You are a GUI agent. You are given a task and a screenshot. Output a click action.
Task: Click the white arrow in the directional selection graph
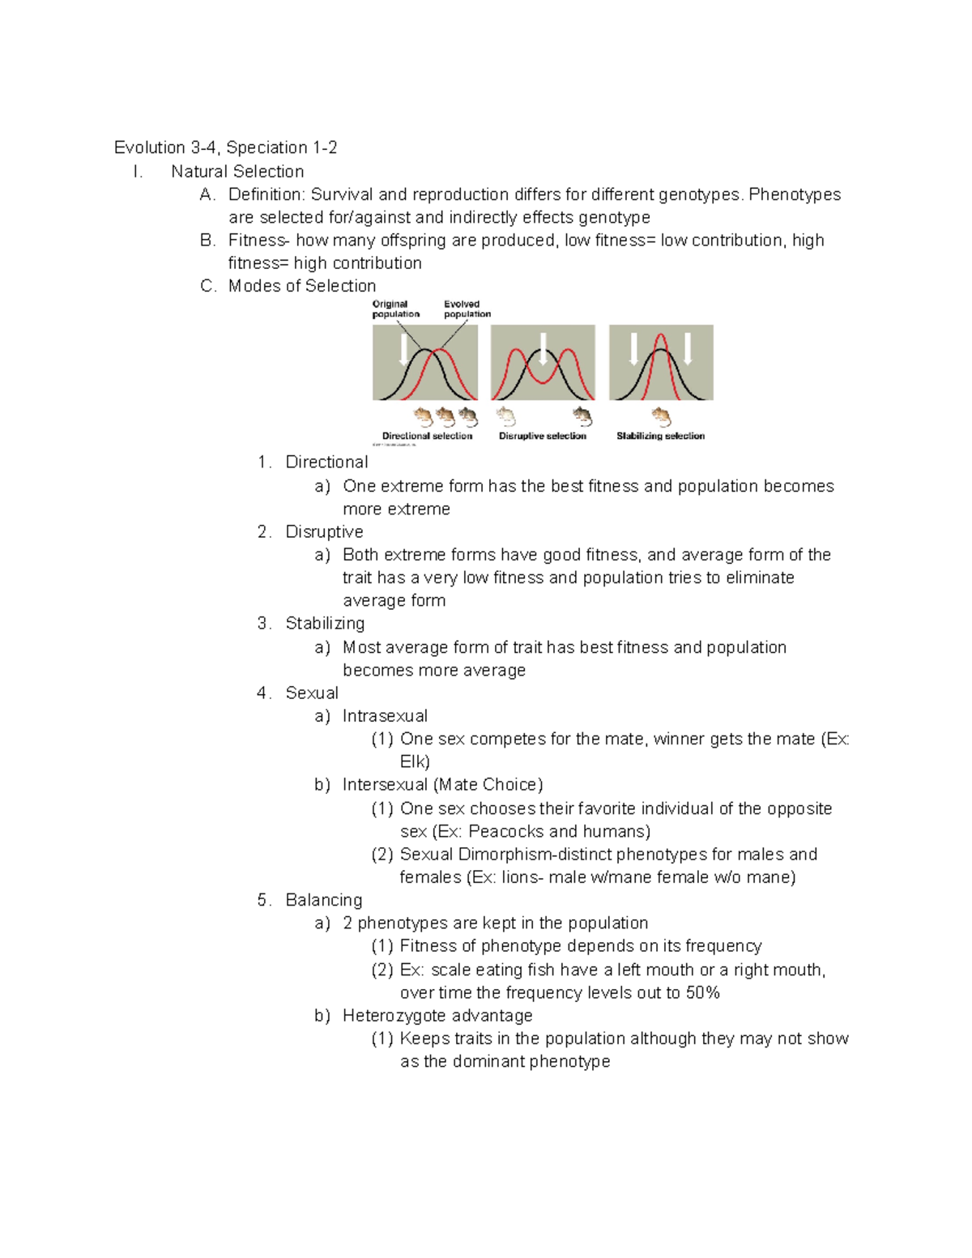[404, 349]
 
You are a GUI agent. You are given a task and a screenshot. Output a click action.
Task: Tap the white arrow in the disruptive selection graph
[543, 348]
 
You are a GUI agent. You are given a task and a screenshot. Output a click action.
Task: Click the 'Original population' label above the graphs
[395, 309]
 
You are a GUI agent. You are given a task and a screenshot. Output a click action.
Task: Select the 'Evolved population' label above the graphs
[467, 309]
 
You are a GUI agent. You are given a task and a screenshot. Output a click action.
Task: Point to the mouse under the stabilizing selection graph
[661, 416]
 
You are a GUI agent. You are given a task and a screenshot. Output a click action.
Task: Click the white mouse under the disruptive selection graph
[506, 416]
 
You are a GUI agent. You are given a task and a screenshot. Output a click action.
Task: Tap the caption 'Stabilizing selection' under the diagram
[660, 436]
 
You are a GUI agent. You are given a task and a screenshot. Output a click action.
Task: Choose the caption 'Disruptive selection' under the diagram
[542, 436]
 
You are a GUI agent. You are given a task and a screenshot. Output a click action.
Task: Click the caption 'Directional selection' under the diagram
[427, 436]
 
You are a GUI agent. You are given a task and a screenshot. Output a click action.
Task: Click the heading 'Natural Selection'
[237, 172]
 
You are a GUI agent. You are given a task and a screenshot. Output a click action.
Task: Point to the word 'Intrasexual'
[385, 716]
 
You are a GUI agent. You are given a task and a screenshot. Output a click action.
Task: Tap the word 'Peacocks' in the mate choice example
[505, 831]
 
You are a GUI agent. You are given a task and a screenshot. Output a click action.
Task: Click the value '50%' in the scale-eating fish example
[702, 992]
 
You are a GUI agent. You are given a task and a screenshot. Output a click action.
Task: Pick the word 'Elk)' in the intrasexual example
[415, 761]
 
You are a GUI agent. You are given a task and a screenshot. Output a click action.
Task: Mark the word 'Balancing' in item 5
[324, 900]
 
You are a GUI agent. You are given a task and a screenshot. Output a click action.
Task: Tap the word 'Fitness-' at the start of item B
[258, 240]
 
